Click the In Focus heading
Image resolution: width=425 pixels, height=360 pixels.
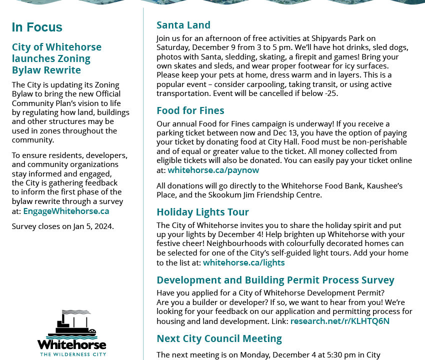point(37,27)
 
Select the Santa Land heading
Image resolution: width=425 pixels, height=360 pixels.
point(183,25)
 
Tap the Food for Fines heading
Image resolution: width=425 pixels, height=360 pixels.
point(190,110)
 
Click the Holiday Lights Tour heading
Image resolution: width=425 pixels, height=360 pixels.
point(202,212)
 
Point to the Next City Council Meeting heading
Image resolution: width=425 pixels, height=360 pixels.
point(219,338)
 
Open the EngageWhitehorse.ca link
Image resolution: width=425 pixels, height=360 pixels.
point(66,211)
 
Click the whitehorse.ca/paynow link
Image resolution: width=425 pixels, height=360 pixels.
point(213,170)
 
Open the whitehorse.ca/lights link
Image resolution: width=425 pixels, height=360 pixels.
point(243,262)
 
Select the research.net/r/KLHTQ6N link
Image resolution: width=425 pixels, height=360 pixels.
point(339,321)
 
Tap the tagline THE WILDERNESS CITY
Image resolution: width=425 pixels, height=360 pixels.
point(71,354)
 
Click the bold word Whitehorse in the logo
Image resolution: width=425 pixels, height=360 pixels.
point(71,344)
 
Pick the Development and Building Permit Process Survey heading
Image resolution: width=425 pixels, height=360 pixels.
point(275,280)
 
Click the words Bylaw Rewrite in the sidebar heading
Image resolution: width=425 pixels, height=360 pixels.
point(46,69)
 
